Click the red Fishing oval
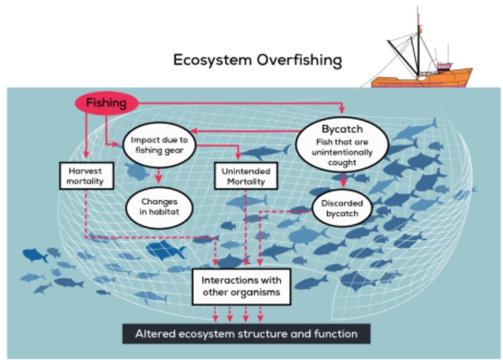[x=106, y=104]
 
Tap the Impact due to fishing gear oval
[x=159, y=145]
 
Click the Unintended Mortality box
[x=246, y=176]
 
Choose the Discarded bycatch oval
[x=342, y=208]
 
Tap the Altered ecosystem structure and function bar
[x=246, y=334]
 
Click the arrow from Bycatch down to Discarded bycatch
[x=343, y=180]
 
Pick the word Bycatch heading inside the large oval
[x=342, y=129]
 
